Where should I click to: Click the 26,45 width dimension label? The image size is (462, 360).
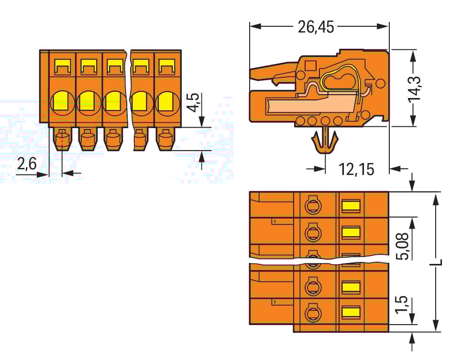coord(316,27)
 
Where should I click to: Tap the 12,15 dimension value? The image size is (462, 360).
coord(356,169)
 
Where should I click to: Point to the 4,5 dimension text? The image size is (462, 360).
coord(193,102)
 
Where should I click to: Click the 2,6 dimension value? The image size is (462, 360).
coord(27,164)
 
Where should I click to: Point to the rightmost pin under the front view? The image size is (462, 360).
coord(165,140)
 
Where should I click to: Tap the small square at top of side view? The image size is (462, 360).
coord(310,66)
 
